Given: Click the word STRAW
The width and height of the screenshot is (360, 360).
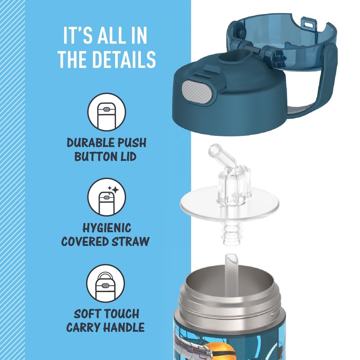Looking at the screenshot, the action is click(130, 242).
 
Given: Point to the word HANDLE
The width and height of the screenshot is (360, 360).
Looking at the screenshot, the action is click(124, 327).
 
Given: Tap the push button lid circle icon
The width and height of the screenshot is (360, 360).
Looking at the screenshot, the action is click(107, 112).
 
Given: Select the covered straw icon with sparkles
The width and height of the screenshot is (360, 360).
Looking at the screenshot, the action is click(107, 197).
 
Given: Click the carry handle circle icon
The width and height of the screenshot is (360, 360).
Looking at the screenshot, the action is click(106, 283).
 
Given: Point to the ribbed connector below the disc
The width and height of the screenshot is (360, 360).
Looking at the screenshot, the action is click(231, 233).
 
